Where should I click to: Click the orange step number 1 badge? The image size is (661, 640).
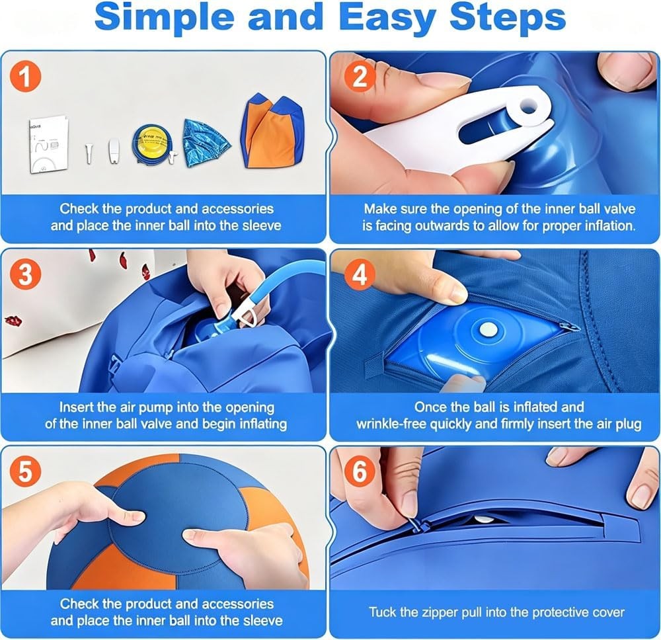coord(26,77)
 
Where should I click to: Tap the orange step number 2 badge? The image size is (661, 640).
coord(360,77)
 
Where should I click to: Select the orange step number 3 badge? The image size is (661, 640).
coord(26,274)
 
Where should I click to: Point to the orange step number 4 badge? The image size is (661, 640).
coord(360,274)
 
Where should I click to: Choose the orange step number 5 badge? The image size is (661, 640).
coord(25,471)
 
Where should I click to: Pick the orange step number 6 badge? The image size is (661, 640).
coord(359,471)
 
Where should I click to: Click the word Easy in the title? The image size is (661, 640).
coord(387,18)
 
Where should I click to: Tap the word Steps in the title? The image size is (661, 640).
coord(508,18)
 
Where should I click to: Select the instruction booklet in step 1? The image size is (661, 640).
coord(49,143)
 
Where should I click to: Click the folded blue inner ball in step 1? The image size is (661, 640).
coord(206,143)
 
